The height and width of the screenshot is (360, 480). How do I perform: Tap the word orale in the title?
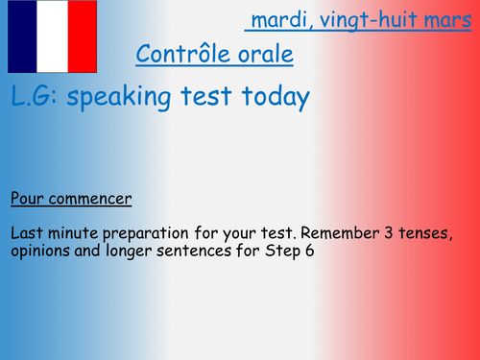click(x=262, y=55)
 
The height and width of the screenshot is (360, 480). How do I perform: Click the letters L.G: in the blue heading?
click(x=36, y=98)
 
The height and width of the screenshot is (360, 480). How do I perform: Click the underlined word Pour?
click(x=27, y=200)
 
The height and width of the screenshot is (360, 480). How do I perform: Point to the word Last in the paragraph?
click(x=27, y=232)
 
